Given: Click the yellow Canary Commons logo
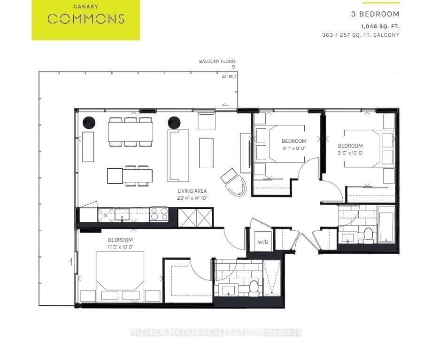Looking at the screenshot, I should click(x=86, y=20).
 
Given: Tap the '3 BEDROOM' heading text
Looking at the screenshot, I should click(x=375, y=14).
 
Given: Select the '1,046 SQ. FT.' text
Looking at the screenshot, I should click(x=380, y=26).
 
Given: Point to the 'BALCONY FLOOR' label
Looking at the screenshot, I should click(x=217, y=62).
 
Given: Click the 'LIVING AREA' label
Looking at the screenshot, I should click(x=192, y=191).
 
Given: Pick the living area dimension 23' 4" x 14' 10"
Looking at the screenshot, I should click(x=192, y=198).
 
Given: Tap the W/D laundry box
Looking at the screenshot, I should click(x=262, y=242).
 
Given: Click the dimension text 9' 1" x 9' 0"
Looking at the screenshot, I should click(x=294, y=148).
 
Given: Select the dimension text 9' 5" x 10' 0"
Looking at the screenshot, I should click(x=350, y=153).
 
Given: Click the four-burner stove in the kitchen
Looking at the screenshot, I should click(x=159, y=215).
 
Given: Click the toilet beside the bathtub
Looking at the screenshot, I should click(x=368, y=234).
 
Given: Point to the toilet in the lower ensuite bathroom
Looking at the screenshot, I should click(x=254, y=287).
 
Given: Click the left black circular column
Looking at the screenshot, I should click(x=89, y=123).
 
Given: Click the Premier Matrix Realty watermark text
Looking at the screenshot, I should click(x=215, y=332).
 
